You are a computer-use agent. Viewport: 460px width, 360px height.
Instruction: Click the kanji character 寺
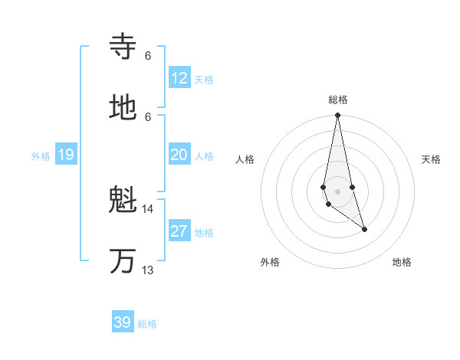click(123, 47)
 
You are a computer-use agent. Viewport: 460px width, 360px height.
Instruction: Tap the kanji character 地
click(123, 109)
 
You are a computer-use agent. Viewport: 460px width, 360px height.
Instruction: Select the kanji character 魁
click(123, 201)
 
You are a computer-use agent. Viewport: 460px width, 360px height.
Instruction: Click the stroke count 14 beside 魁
click(148, 208)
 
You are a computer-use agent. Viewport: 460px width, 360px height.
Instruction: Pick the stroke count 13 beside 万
click(148, 270)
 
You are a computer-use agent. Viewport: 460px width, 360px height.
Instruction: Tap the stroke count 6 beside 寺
click(148, 55)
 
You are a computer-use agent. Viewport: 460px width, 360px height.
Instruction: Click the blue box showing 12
click(179, 78)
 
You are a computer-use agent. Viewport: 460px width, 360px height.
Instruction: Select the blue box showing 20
click(179, 155)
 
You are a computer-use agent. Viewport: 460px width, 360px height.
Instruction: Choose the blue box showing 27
click(179, 231)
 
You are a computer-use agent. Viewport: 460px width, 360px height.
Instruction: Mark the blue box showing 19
click(66, 155)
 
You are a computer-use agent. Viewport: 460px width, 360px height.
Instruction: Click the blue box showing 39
click(123, 322)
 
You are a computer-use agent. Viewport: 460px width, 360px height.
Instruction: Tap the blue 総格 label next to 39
click(147, 324)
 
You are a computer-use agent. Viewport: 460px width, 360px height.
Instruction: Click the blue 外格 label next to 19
click(41, 156)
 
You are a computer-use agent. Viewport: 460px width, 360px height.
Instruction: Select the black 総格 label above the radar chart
click(338, 100)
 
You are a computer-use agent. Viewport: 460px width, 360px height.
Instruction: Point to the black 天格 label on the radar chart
click(432, 159)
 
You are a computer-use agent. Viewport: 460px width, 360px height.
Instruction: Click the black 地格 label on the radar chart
click(402, 262)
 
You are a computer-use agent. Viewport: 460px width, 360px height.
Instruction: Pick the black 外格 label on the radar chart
click(270, 262)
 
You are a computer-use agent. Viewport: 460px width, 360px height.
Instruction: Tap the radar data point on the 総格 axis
click(337, 116)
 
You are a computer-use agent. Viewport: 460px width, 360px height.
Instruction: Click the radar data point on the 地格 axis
click(364, 229)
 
